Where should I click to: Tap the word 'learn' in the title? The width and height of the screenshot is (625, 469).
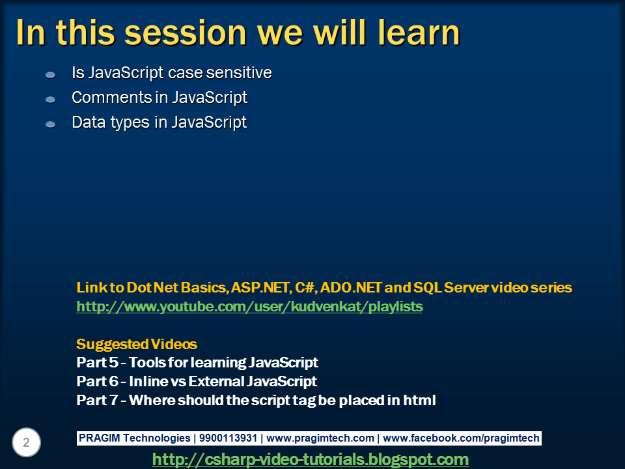pos(417,33)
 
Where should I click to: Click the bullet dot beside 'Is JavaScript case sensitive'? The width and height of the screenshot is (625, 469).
pos(51,76)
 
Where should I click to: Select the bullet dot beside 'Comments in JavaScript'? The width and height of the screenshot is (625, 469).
pos(51,100)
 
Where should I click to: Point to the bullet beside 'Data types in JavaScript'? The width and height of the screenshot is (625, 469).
pos(51,124)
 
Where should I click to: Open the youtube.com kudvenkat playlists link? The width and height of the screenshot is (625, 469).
pos(249,306)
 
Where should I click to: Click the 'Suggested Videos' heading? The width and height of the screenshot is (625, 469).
pos(137,344)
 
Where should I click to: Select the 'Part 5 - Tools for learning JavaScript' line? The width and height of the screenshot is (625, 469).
pos(197,362)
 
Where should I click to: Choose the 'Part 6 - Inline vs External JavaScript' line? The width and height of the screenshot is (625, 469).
pos(197,381)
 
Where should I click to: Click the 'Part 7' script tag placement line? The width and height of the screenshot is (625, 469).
pos(256,400)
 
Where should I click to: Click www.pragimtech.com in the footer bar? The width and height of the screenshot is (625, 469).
pos(320,438)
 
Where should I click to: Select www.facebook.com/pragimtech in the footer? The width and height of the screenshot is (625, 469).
pos(461,438)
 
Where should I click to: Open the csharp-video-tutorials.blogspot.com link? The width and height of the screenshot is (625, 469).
pos(310,459)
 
